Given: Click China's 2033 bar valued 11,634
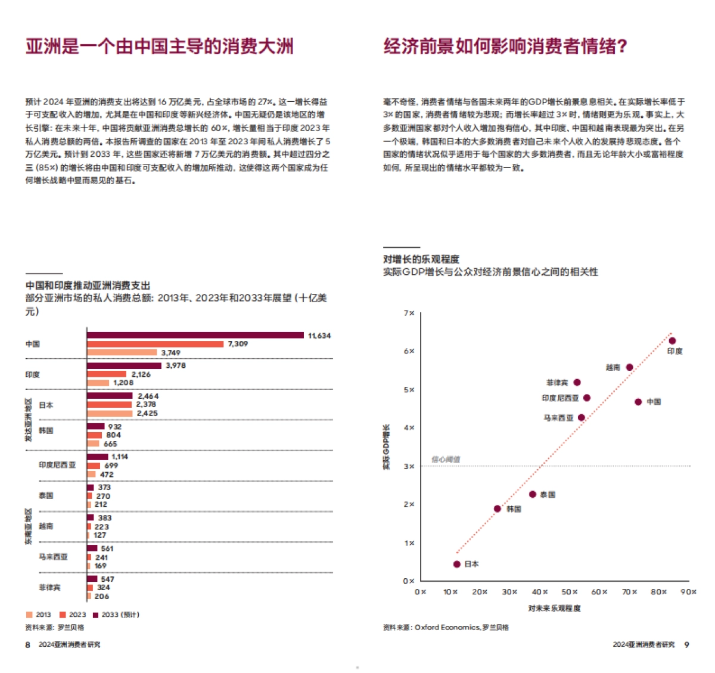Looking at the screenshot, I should coord(195,335).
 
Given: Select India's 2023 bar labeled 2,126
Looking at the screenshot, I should coord(107,374).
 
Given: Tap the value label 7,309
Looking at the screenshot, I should coord(238,344).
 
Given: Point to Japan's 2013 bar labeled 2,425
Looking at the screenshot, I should coord(110,413).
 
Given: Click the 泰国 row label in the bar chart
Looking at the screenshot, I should coord(46,495).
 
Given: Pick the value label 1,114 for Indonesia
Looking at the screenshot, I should coord(120,457).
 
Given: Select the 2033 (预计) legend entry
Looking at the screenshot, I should coord(116,615).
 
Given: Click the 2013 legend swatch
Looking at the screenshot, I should coord(29,615).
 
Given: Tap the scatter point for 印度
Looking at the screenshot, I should coord(672,341).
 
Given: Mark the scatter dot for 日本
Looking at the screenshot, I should coord(457,564).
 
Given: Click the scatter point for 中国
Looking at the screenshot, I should coord(638,402).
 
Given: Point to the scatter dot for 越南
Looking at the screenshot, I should coord(630,367).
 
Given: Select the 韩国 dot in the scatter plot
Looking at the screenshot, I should coord(498,508).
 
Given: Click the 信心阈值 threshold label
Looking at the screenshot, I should coord(445,460).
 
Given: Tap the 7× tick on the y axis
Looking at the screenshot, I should coord(409,313).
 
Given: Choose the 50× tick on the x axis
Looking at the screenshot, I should coord(570,592).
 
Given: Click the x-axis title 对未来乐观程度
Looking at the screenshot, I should coord(554,608).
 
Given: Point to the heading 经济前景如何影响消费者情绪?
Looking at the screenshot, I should coord(505,46).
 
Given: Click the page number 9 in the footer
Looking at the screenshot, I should coord(686,644).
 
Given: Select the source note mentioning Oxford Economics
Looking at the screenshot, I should coord(446,627).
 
